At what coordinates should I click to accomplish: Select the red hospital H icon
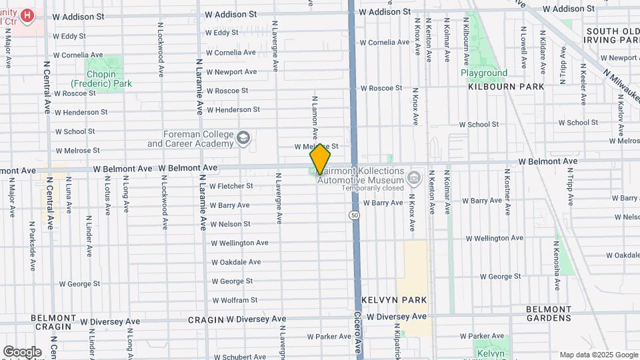(27, 15)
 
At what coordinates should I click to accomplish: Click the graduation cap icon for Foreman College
(243, 137)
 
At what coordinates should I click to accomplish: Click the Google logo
(22, 352)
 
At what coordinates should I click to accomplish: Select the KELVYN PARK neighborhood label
(394, 300)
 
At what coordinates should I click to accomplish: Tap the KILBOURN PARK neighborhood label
(506, 87)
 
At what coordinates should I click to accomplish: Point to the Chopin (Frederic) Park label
(101, 79)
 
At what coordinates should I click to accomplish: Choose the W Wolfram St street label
(234, 300)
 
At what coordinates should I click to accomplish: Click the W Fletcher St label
(231, 186)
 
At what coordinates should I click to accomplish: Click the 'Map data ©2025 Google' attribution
(598, 355)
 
